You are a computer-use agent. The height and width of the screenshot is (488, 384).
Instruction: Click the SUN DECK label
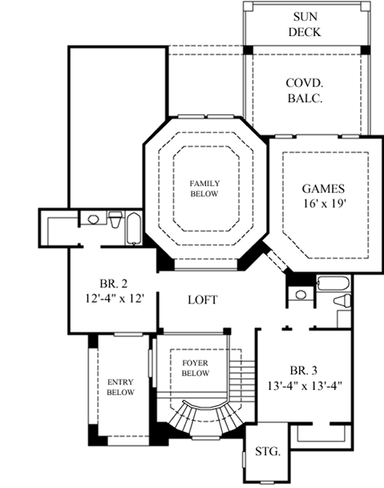point(306,25)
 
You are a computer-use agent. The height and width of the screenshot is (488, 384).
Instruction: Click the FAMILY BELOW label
point(204,188)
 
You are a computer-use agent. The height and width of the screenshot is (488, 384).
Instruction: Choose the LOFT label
point(203,299)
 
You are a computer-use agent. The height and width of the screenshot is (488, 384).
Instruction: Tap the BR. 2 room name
point(111,284)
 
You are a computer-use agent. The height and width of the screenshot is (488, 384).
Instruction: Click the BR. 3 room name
point(305,370)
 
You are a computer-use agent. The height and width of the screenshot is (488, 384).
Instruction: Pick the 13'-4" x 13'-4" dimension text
point(305,384)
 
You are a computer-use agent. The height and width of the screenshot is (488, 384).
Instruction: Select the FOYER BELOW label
point(196,368)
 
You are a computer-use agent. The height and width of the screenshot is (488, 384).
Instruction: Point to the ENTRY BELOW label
point(119,387)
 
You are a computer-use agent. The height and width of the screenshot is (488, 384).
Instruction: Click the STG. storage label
point(267,452)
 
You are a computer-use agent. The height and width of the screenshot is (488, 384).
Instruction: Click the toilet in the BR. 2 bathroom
point(115,219)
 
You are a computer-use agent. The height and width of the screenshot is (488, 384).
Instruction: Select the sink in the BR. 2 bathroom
point(93,218)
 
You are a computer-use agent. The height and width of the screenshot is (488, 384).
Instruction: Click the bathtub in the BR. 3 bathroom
point(333,282)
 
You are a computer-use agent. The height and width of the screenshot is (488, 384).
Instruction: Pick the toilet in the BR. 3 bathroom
point(342,300)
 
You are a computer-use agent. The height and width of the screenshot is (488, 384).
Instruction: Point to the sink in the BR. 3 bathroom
point(301,295)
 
